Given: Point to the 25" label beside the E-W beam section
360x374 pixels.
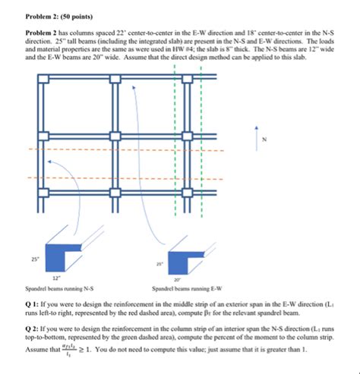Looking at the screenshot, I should click(x=159, y=263).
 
